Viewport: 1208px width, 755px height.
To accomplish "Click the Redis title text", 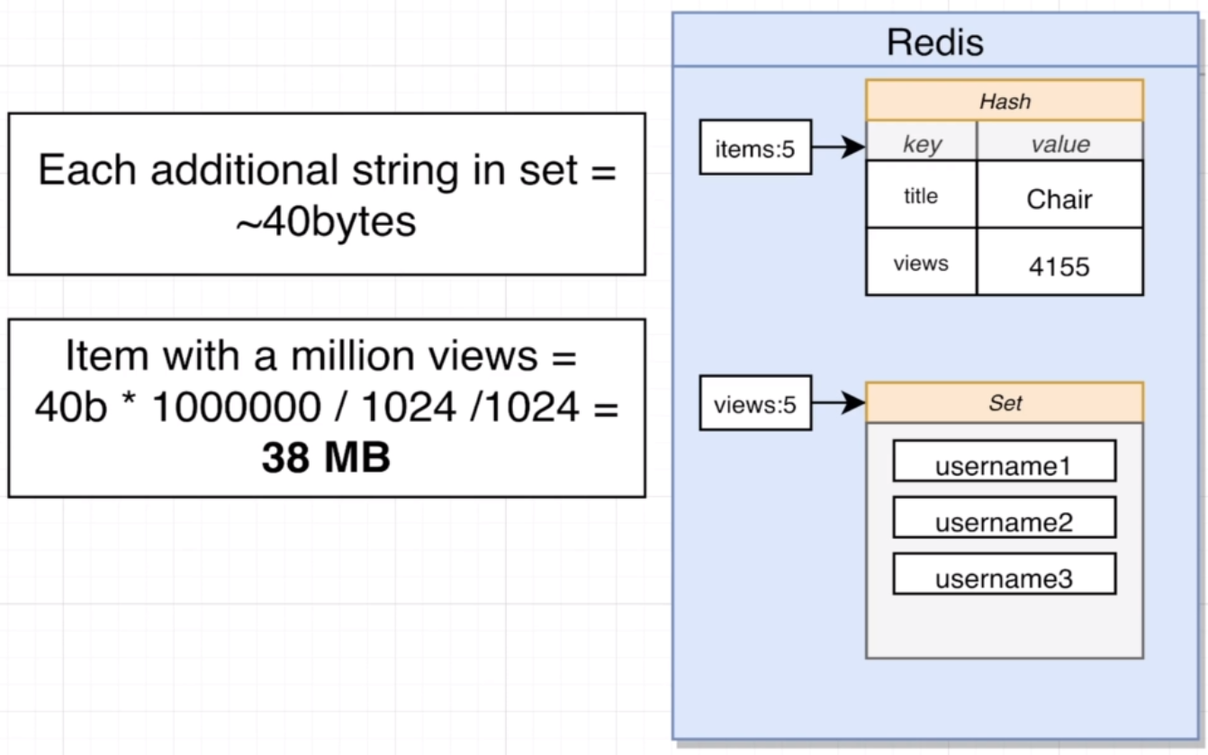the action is pos(935,42).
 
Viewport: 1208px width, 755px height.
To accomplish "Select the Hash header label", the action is pos(1005,102).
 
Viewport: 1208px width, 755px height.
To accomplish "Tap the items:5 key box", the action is pos(755,148).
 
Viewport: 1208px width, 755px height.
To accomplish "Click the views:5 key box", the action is pos(755,403).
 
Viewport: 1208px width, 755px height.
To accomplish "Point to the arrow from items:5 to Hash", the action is pos(839,147).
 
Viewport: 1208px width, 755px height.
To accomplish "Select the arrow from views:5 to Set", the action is pos(839,402).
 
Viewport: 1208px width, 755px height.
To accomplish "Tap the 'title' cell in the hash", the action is pos(921,194).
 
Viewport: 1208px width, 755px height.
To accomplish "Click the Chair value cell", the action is pos(1059,194).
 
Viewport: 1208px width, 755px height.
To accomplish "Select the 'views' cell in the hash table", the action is pos(921,262).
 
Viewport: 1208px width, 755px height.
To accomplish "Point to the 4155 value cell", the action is pos(1059,262).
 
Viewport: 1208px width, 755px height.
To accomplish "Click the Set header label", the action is pos(1005,403).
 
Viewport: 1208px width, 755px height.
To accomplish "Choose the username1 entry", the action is pos(1005,461).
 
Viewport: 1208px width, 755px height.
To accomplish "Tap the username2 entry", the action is pos(1005,517).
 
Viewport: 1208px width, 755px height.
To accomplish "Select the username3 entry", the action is pos(1005,574).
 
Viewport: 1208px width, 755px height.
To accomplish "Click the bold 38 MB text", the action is pos(326,457).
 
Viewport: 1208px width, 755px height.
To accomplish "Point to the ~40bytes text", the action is pos(326,221).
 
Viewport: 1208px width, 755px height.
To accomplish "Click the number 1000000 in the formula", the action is pos(237,406).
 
